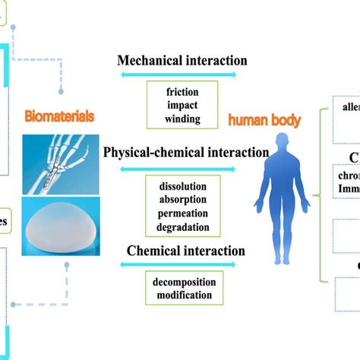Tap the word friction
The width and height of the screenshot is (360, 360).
(x=182, y=91)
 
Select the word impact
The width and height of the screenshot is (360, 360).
(x=182, y=105)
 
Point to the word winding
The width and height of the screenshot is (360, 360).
(x=182, y=118)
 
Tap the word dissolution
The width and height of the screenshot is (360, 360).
(x=182, y=186)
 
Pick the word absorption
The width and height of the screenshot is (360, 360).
(x=182, y=200)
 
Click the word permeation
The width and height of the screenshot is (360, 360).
(x=182, y=213)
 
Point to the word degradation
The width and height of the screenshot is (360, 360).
(x=182, y=227)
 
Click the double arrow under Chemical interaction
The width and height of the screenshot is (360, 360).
(x=178, y=264)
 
